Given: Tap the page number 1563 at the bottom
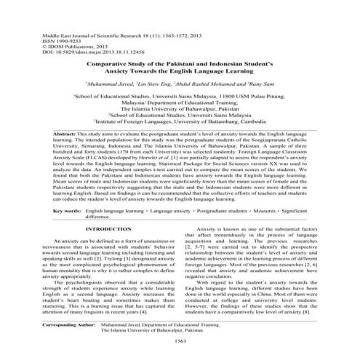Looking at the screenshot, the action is (x=180, y=341).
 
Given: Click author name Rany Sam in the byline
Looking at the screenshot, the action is (x=270, y=84).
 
